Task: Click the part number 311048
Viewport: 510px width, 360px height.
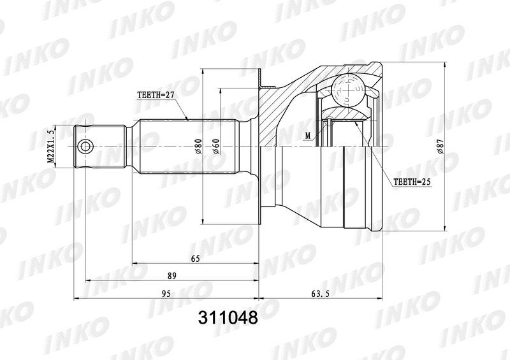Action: [x=228, y=317]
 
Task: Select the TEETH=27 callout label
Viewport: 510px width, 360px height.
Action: [x=156, y=95]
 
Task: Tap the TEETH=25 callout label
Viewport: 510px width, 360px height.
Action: [x=412, y=182]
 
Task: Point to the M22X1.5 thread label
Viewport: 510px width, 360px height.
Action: [x=51, y=147]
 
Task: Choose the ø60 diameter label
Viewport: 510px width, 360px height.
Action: [x=217, y=147]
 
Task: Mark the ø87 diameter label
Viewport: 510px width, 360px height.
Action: [x=440, y=147]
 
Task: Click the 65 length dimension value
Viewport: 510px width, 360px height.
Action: [x=195, y=259]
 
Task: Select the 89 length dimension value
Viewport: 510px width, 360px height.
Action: [x=171, y=276]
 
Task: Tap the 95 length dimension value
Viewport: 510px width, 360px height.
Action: [x=166, y=294]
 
